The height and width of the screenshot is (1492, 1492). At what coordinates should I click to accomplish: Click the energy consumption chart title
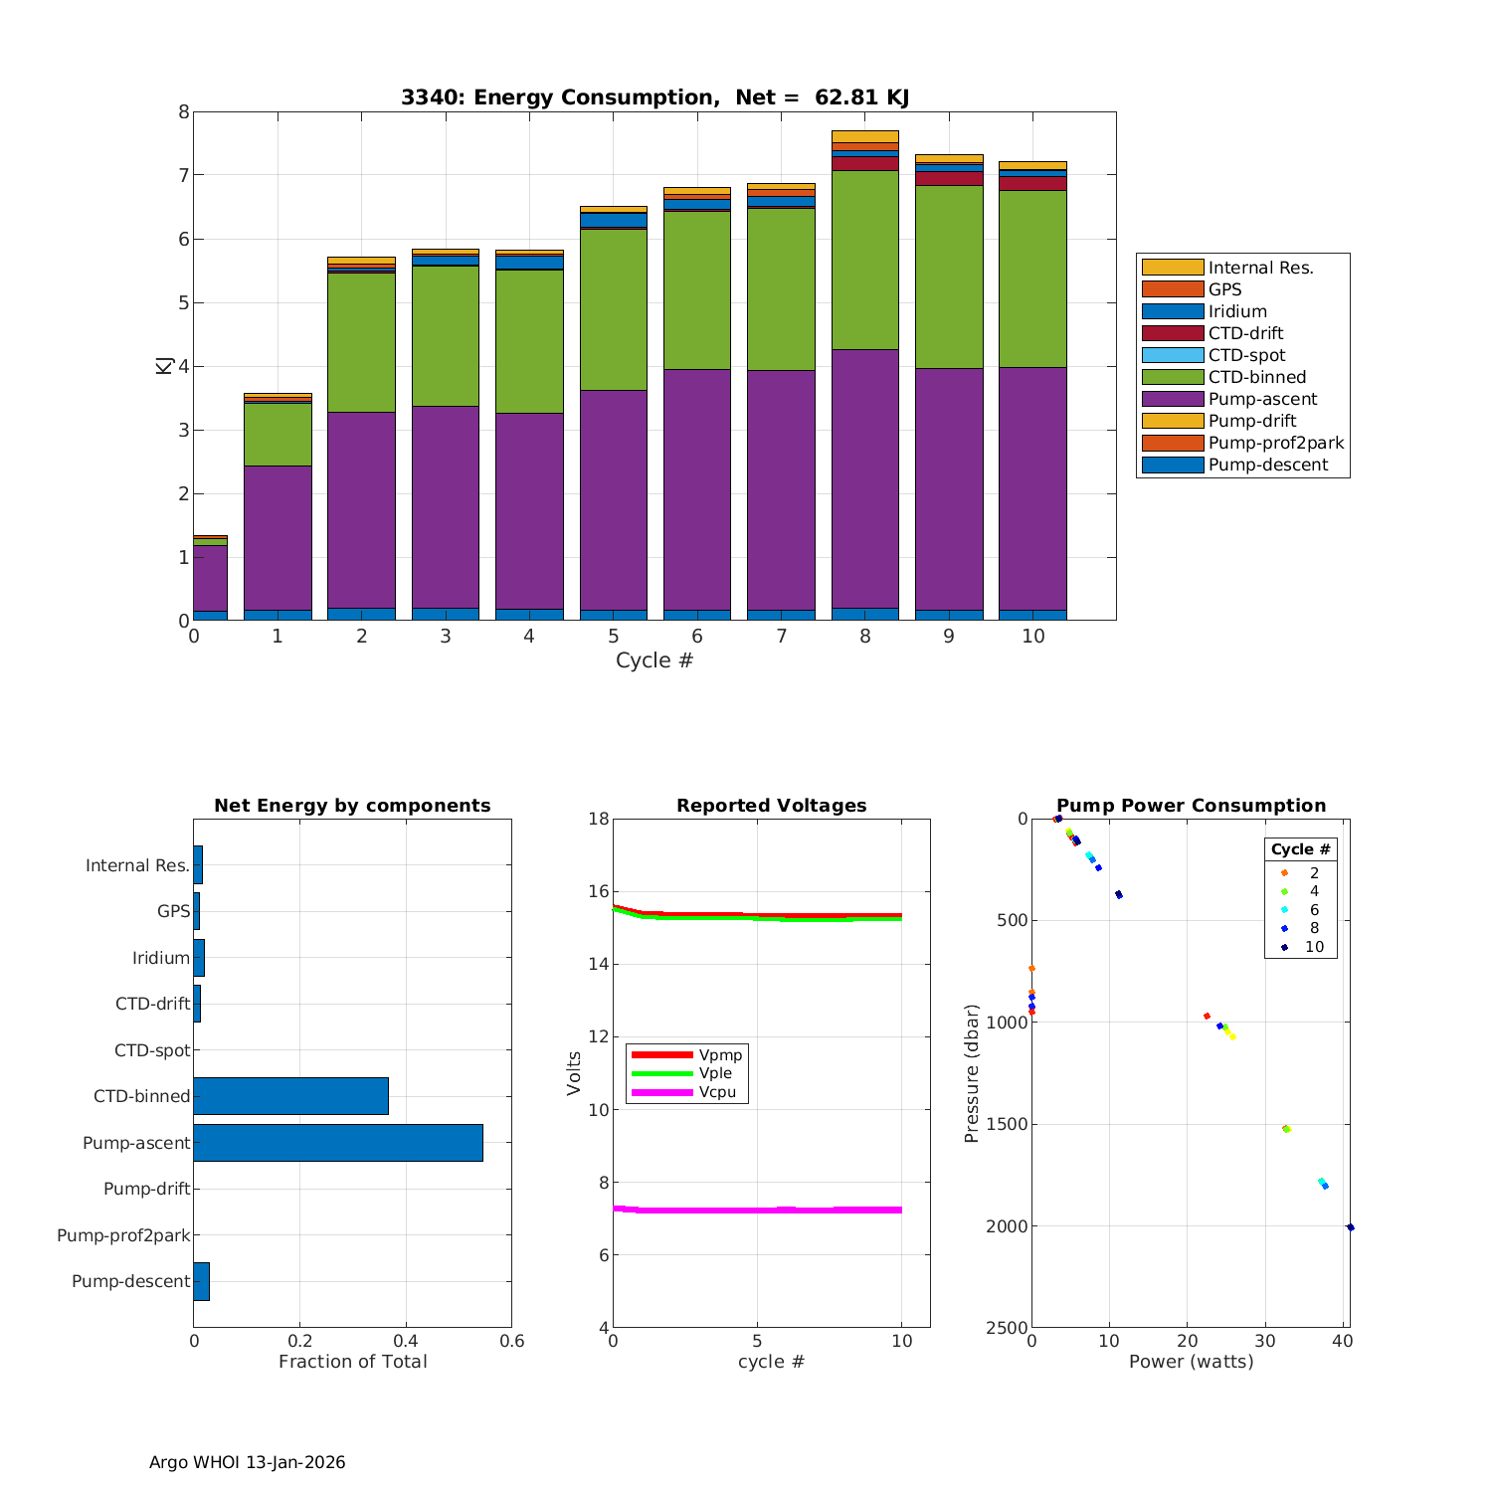point(654,97)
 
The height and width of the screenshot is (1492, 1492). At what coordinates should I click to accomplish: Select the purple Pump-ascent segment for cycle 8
point(865,477)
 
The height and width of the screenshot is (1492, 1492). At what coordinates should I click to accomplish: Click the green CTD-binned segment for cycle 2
point(361,342)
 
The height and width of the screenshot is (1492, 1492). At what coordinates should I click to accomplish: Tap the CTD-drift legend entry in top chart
point(1245,333)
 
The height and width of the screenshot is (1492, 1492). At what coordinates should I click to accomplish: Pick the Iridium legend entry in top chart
point(1237,311)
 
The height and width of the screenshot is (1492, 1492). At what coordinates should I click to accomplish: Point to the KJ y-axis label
point(164,365)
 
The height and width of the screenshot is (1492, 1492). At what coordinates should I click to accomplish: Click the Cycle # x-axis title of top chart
point(654,660)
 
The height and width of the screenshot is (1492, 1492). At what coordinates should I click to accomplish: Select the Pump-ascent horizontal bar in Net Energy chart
point(338,1143)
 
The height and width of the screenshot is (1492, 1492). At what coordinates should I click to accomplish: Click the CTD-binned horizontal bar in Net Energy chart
point(290,1096)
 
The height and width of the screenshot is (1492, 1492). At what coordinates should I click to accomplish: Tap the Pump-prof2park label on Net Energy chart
point(123,1235)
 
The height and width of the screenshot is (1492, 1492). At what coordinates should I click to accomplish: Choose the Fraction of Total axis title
point(352,1362)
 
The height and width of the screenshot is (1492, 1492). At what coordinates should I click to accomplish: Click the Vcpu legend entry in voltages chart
point(717,1092)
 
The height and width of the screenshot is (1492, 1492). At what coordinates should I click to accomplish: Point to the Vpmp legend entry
point(720,1054)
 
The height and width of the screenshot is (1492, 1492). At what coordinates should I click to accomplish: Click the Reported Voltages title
point(771,806)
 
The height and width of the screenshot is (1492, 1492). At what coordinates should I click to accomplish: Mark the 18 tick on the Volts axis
point(598,819)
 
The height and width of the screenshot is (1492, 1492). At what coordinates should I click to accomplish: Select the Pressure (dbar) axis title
point(972,1073)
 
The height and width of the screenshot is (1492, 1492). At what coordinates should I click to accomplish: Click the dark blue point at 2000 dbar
point(1350,1227)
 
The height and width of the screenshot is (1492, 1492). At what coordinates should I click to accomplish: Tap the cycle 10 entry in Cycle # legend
point(1314,947)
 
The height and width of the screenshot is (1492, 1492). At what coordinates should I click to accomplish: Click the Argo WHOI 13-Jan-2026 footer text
point(247,1462)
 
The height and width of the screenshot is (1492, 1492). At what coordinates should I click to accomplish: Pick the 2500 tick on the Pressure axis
point(1008,1328)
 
